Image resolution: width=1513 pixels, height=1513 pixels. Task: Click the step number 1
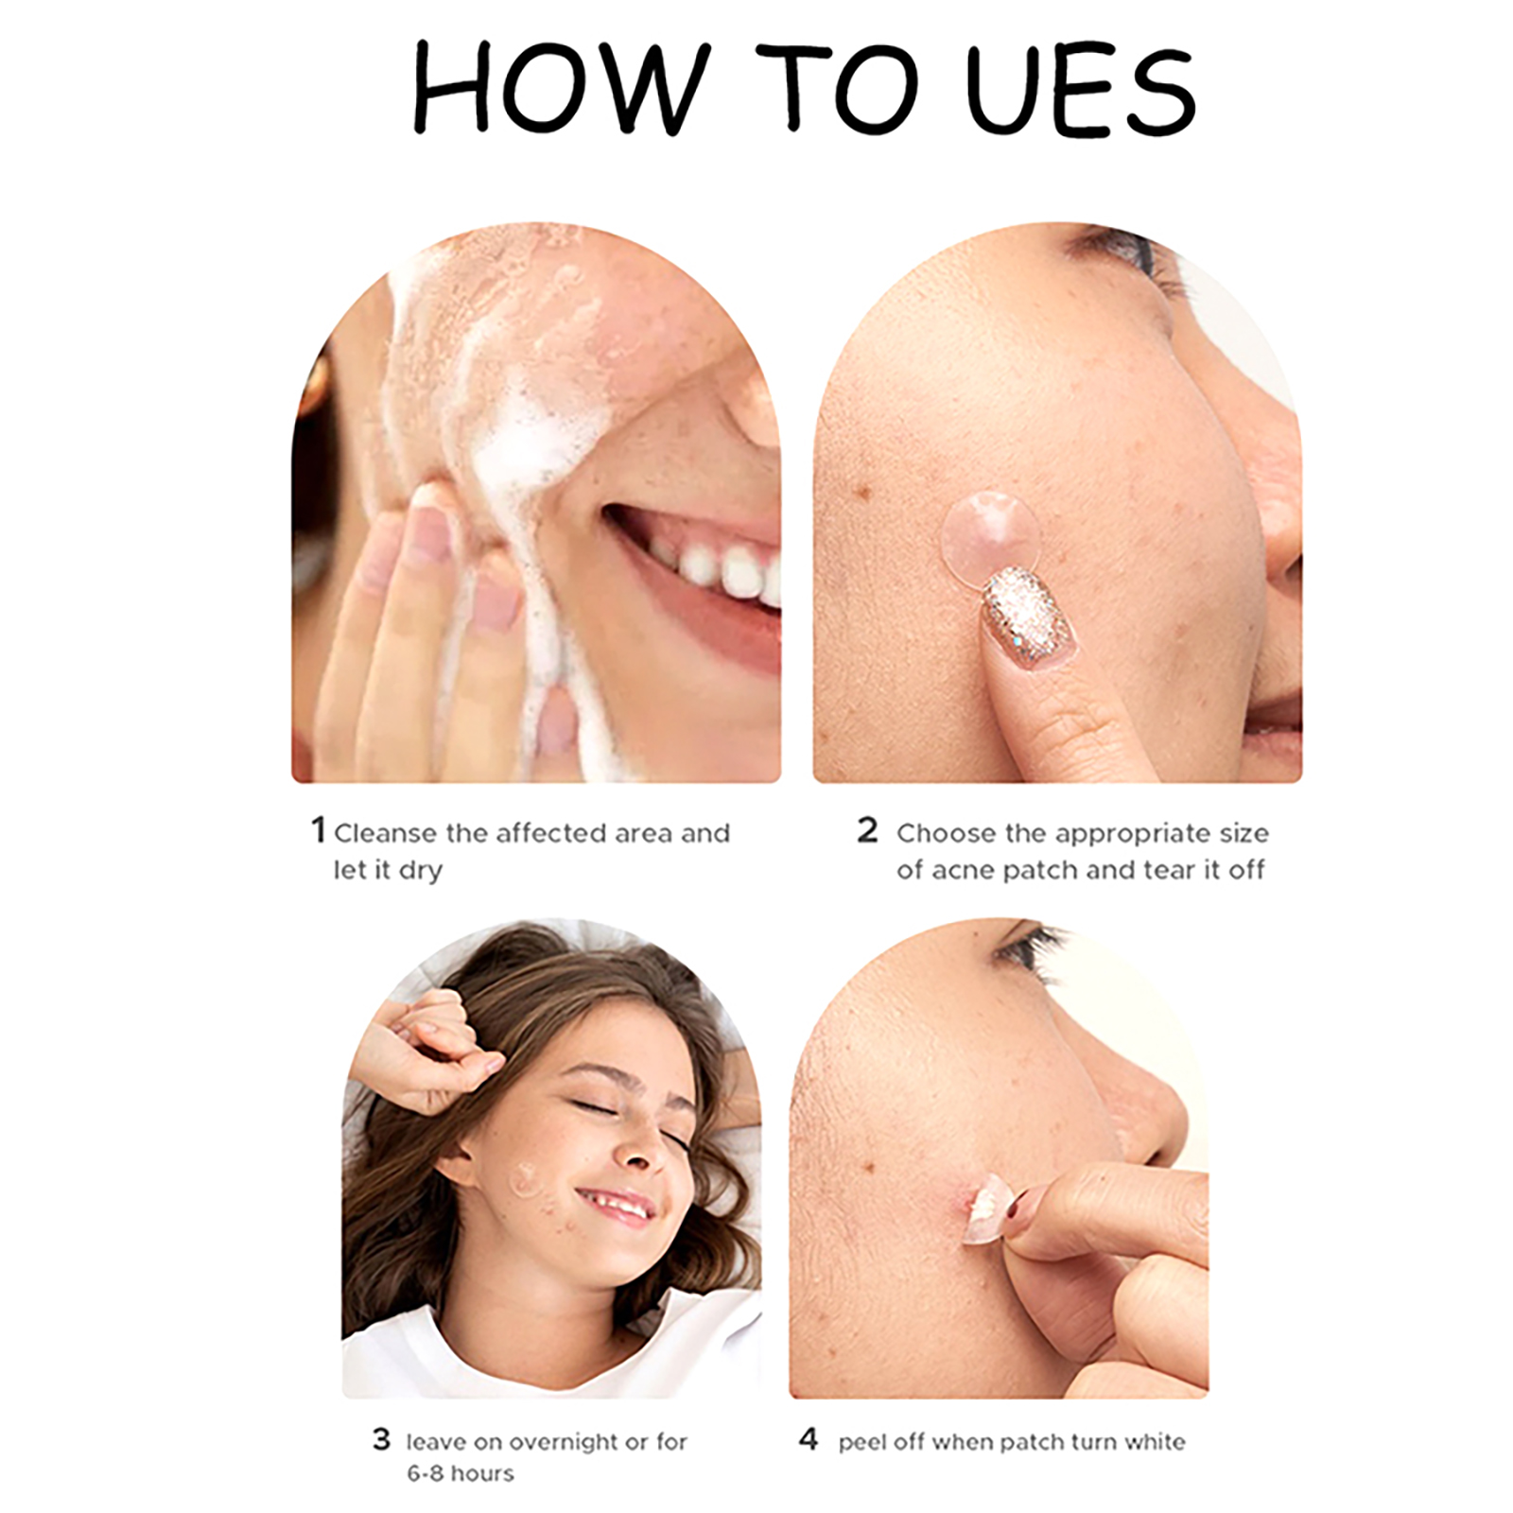pos(319,830)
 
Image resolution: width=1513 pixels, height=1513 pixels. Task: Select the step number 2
pos(867,830)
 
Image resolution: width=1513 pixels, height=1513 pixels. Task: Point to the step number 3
pos(381,1439)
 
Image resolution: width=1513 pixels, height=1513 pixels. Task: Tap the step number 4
pos(808,1439)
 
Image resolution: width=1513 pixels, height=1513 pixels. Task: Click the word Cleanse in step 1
pos(386,833)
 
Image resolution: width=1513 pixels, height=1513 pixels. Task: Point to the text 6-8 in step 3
pos(425,1473)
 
